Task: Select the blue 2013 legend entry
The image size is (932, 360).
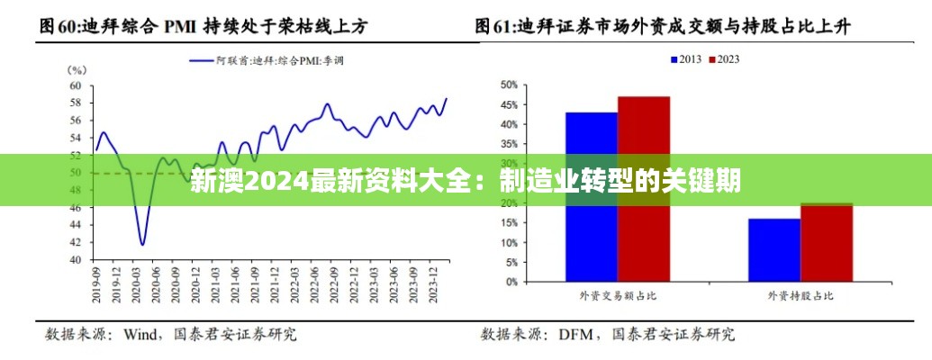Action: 686,59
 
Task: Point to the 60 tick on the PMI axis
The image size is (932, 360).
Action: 76,86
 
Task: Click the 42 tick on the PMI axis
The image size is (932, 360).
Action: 76,243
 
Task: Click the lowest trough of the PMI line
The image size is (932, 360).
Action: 142,243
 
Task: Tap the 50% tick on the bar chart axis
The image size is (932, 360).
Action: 509,85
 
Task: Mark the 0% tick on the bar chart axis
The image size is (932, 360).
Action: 511,282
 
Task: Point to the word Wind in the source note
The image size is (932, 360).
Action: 140,336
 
